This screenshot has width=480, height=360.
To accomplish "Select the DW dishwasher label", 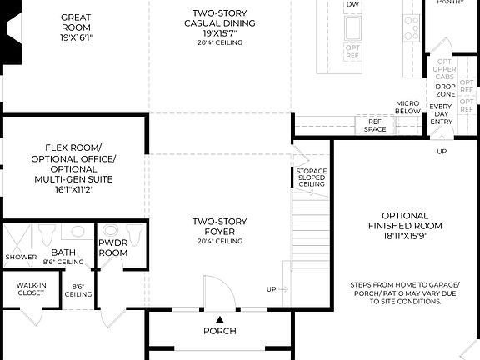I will click(352, 5).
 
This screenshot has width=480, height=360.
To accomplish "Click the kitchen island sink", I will click(352, 28).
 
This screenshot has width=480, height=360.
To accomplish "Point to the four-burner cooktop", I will click(412, 29).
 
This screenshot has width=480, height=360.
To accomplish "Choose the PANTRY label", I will click(450, 2).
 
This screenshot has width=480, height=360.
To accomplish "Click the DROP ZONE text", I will click(444, 90).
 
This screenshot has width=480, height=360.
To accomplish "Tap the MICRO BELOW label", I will click(407, 107).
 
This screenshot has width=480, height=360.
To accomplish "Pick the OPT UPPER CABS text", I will click(445, 68).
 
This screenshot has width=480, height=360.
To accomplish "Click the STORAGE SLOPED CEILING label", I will click(312, 177).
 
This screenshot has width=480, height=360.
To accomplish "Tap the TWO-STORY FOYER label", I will click(220, 227).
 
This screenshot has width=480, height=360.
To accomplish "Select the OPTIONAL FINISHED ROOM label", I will click(405, 225).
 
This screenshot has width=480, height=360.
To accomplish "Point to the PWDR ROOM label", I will click(112, 247).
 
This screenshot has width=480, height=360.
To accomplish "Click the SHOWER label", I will click(21, 257).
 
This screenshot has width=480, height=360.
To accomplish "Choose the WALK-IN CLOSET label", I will click(31, 289).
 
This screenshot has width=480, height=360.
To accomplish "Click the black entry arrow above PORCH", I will click(220, 318).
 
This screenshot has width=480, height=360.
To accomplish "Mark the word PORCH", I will click(220, 331).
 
